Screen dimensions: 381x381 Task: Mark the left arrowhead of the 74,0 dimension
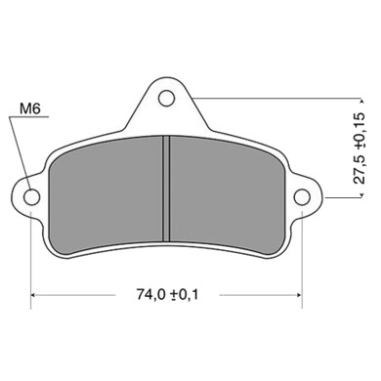pyautogui.click(x=37, y=293)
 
